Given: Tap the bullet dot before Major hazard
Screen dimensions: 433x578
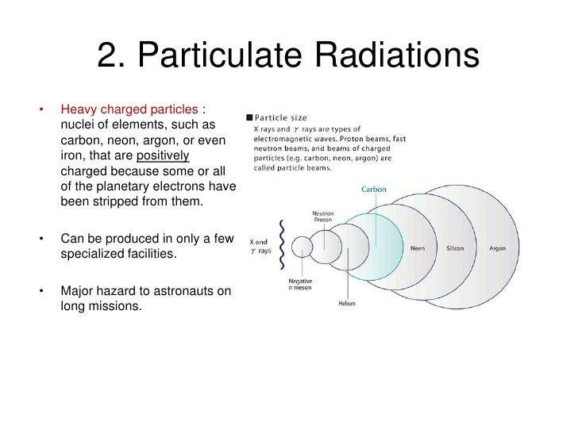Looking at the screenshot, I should coord(39,291).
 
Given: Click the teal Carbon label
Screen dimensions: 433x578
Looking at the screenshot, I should coord(374,190).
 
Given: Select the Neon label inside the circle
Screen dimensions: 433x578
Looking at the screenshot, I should coord(418,247).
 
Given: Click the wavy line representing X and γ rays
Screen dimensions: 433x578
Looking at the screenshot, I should coord(281,243).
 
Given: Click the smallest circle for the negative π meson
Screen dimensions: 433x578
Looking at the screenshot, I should coord(302,247).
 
